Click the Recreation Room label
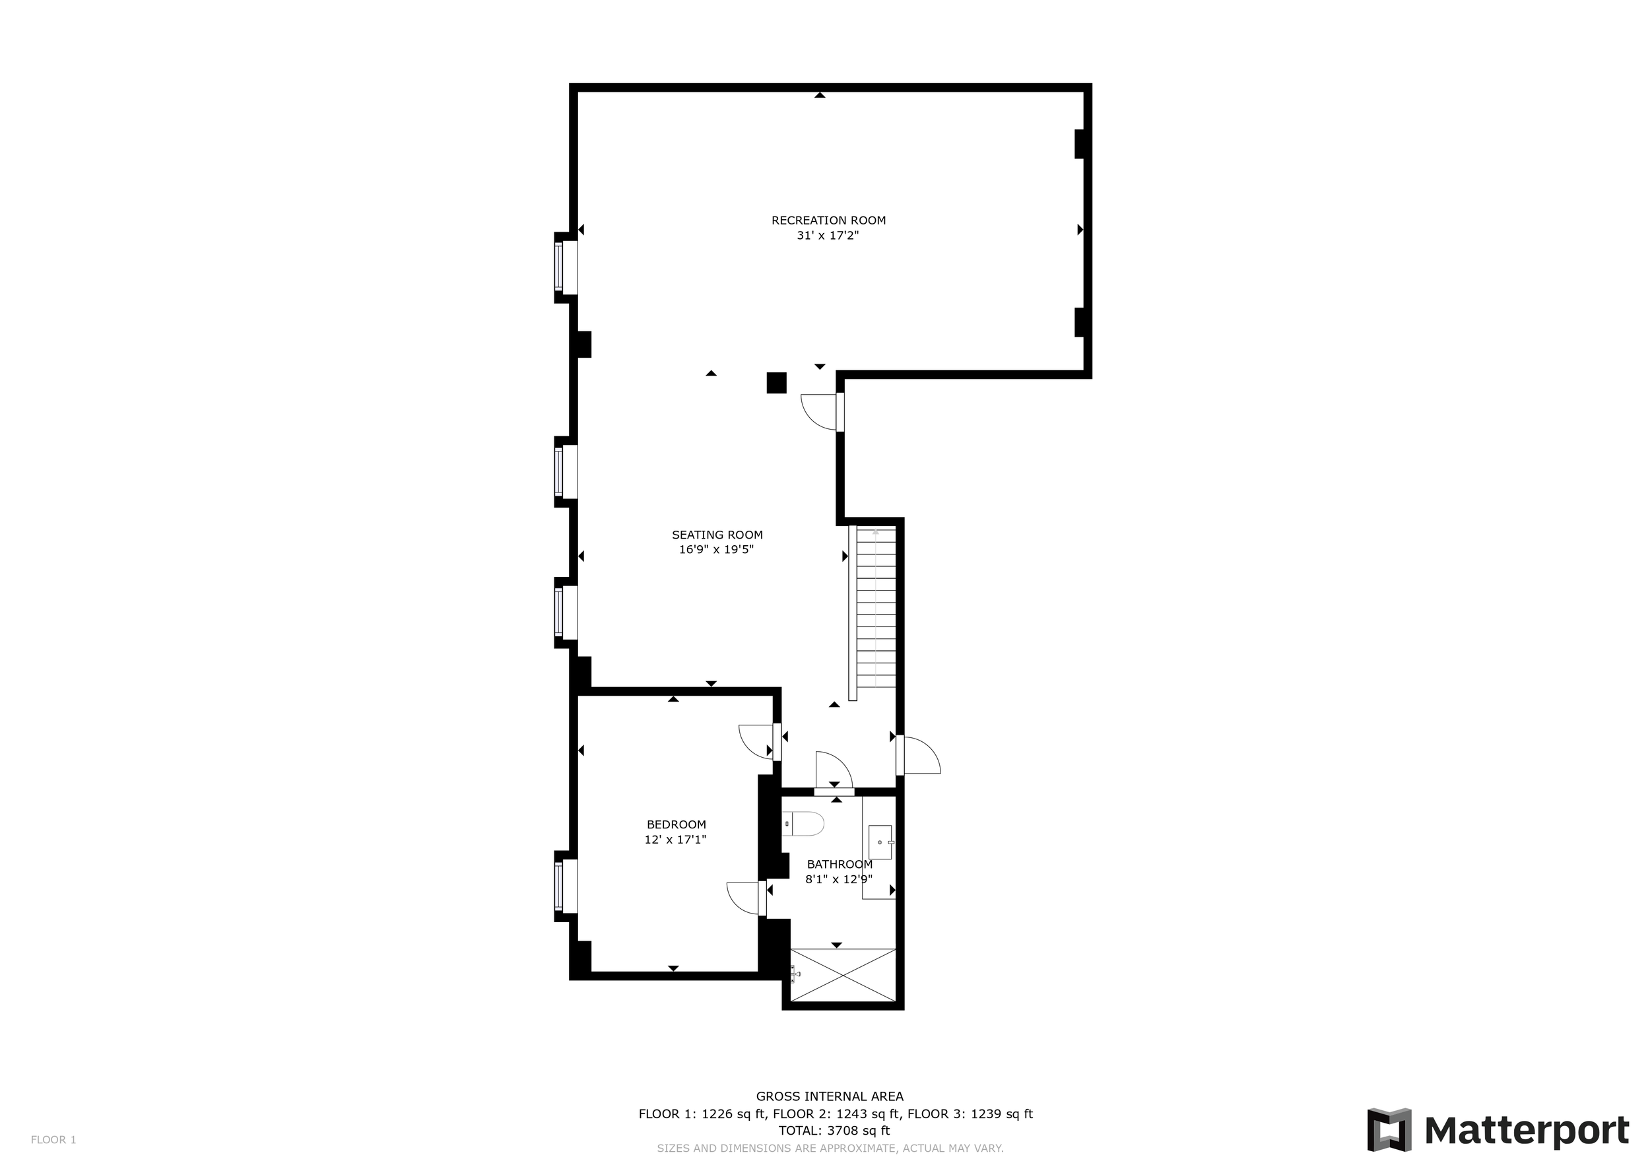pos(828,220)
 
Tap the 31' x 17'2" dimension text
pos(828,236)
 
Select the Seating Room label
pos(717,535)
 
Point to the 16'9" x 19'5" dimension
pos(717,550)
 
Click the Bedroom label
pos(676,824)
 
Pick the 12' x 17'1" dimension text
pos(676,840)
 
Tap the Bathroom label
pos(840,865)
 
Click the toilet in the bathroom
pos(803,824)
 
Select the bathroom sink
pos(880,842)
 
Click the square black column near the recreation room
pos(776,383)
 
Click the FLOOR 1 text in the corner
pos(53,1140)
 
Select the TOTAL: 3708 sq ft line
pos(834,1130)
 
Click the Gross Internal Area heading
pos(830,1096)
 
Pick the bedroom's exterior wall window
pos(566,886)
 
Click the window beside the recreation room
pos(566,267)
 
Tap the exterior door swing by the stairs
pos(919,755)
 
